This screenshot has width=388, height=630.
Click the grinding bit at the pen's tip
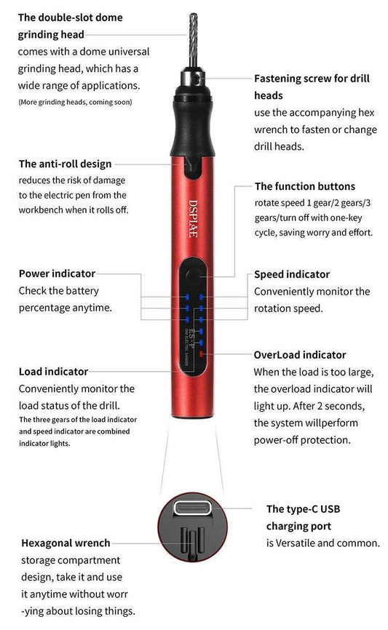193,40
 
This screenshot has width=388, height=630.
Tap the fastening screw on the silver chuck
197,79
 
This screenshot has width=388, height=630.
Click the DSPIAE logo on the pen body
194,218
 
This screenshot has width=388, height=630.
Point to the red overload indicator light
201,354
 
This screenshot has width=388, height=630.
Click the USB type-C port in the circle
192,509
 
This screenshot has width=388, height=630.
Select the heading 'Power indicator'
57,274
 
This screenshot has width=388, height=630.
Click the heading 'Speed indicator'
292,274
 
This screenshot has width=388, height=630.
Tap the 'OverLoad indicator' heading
300,355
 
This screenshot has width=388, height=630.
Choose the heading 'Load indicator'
53,372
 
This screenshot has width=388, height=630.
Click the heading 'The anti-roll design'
65,164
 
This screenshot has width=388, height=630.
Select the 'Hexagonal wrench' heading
66,543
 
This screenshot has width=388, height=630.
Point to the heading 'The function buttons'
305,186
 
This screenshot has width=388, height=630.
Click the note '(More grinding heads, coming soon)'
75,102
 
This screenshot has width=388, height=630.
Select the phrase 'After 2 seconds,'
329,406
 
